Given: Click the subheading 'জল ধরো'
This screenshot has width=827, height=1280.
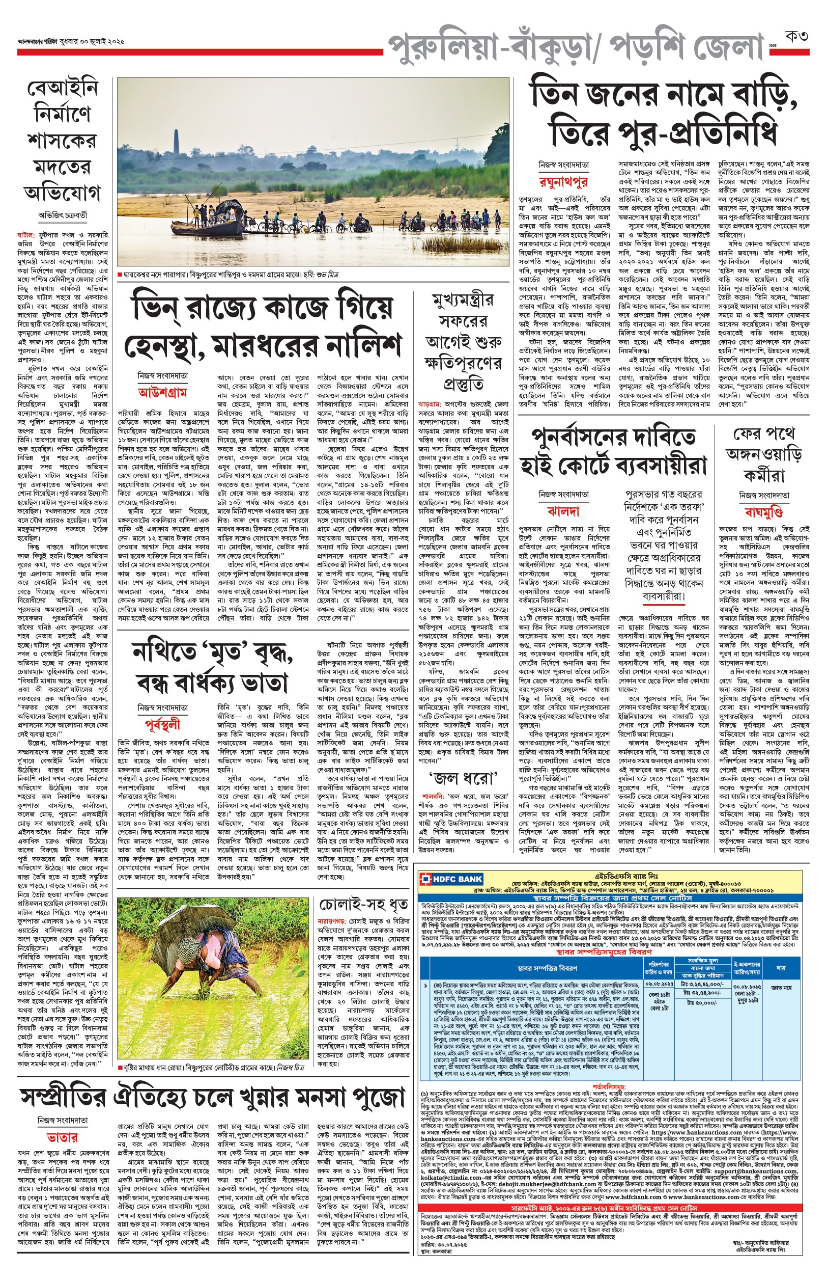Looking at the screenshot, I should click(463, 778).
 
